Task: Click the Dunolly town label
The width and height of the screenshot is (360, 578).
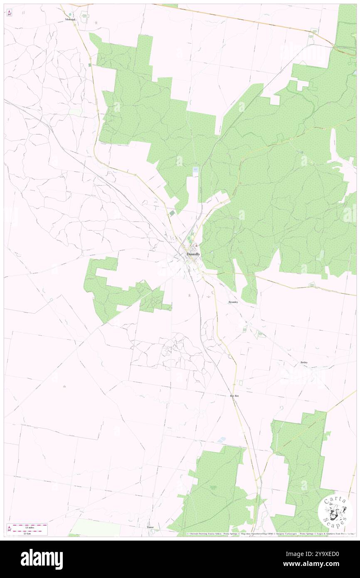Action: coord(193,254)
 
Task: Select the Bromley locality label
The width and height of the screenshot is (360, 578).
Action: coord(233,302)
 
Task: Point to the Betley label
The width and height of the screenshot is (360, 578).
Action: coord(304,363)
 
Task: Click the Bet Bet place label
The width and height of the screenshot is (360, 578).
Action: coord(234,396)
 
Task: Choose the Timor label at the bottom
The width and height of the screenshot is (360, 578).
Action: coord(150,527)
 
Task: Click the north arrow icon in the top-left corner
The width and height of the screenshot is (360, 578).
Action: coord(9,12)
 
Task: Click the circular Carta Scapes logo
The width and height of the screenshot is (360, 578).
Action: coord(335,512)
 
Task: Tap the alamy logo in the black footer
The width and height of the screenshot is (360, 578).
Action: coord(42,559)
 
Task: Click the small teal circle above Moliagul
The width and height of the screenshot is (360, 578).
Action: coord(70,14)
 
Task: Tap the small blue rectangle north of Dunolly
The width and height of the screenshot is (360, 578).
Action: coord(195,170)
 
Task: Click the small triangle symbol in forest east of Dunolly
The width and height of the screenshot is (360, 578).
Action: coord(242,252)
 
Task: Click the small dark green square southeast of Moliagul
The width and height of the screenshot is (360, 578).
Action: coord(90,65)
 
